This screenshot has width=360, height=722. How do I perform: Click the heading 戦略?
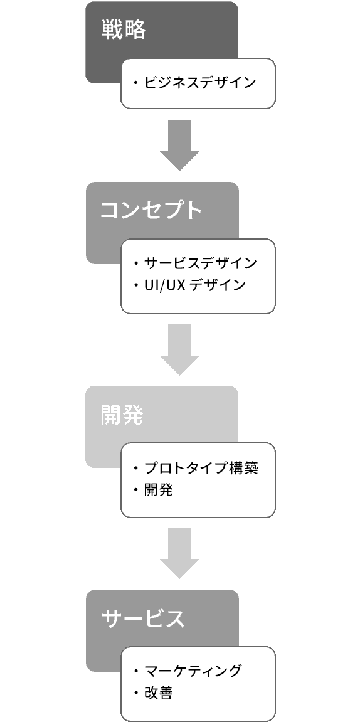click(x=124, y=30)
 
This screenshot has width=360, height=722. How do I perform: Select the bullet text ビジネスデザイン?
click(x=200, y=83)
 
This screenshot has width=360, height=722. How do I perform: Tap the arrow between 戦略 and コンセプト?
click(x=179, y=146)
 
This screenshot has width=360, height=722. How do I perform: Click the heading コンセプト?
click(x=151, y=210)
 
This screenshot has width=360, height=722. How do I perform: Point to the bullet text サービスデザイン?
click(x=200, y=263)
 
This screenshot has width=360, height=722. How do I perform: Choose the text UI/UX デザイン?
click(x=194, y=285)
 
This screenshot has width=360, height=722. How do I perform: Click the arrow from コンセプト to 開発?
click(x=179, y=349)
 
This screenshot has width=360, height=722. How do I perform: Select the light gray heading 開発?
click(x=122, y=415)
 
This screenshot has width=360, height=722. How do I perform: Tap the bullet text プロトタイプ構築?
click(x=201, y=468)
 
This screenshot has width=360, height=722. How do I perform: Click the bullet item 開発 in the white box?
click(x=159, y=490)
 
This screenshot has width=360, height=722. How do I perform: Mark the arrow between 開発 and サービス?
click(x=179, y=553)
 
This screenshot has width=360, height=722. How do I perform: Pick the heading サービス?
click(x=143, y=618)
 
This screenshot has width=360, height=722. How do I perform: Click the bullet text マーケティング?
click(x=193, y=671)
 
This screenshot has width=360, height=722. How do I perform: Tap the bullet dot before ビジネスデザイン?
click(x=136, y=83)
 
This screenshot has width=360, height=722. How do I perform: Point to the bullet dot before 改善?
click(x=136, y=693)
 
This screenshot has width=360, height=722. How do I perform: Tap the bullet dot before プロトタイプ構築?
click(x=136, y=469)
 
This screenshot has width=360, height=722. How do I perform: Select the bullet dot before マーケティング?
click(x=136, y=671)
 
